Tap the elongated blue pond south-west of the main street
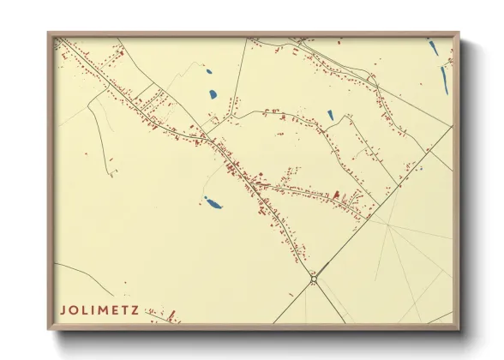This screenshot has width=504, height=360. click(211, 204)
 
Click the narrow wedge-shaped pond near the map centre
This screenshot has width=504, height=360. click(330, 114)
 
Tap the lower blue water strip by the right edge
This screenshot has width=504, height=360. click(444, 79)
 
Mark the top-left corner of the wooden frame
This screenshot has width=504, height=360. click(49, 33)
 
